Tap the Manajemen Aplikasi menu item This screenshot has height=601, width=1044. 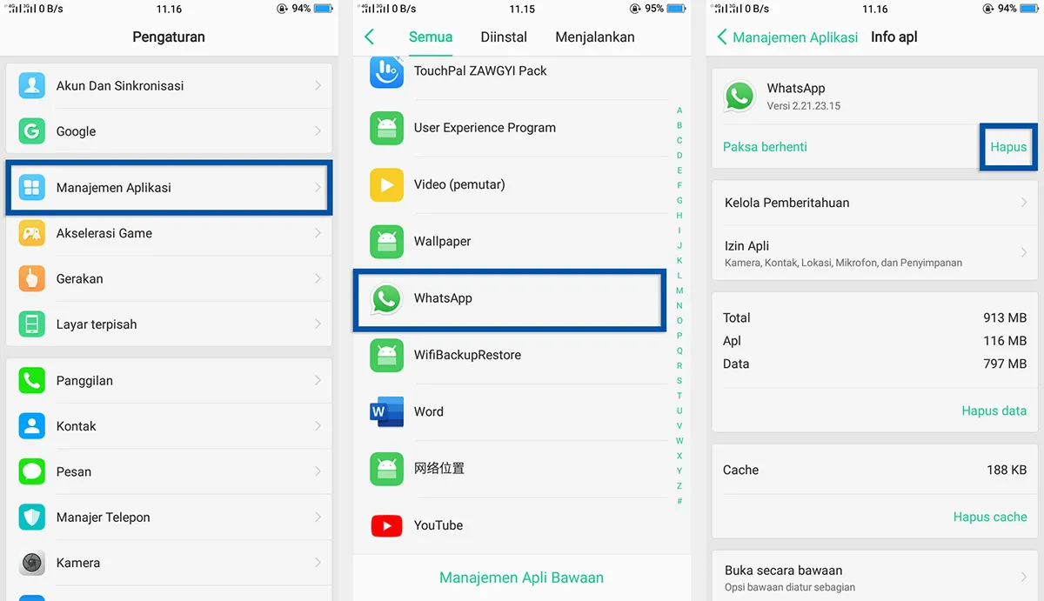point(114,188)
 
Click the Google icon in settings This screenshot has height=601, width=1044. point(32,131)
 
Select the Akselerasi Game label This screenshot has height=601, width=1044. point(104,233)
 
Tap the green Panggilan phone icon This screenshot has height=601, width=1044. point(32,381)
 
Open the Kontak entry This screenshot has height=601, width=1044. point(77,426)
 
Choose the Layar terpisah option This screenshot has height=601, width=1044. point(97,324)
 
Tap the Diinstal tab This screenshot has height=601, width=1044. point(504,37)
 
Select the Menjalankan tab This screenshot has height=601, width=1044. point(595,37)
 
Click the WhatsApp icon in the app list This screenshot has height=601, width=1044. point(386,298)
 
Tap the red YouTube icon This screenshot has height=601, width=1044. point(386,525)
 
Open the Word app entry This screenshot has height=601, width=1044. point(429,411)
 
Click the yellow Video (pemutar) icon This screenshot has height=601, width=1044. point(386,184)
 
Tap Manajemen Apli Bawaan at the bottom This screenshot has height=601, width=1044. point(521,578)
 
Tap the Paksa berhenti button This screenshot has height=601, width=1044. point(765,147)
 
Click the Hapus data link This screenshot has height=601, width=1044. point(994,411)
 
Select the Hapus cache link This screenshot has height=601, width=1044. point(990,517)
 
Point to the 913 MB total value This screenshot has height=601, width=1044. point(1005,318)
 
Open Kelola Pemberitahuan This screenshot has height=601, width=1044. point(787,203)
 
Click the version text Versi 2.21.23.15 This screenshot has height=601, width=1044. point(803,106)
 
